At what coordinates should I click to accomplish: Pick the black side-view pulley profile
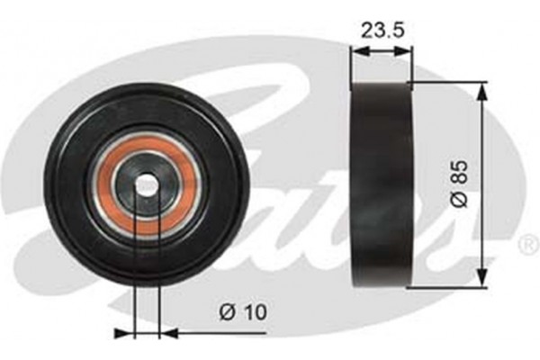point(380,184)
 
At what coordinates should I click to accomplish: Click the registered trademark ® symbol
point(528,243)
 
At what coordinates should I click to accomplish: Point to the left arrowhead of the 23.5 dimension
point(355,51)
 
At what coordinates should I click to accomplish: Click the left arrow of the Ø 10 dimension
point(126,333)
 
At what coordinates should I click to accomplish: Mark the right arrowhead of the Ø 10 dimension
point(166,333)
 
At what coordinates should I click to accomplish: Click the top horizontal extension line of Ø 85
point(450,82)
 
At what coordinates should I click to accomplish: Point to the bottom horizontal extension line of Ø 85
point(450,288)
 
